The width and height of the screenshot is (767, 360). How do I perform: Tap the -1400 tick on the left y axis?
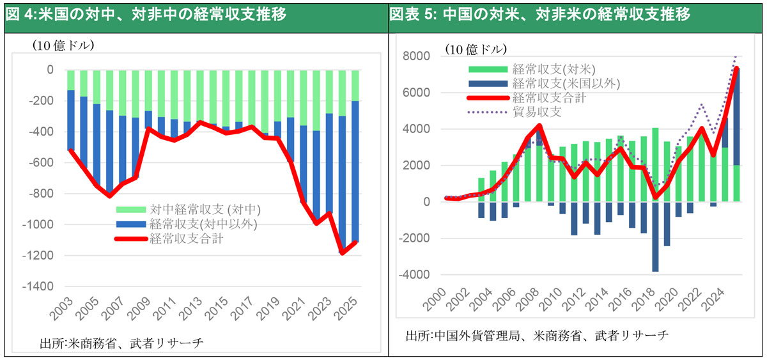[40, 286]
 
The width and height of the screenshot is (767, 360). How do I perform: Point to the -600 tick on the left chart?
[42, 162]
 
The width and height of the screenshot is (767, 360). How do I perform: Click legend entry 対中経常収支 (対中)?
[205, 209]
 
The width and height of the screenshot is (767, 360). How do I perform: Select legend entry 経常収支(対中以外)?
[198, 224]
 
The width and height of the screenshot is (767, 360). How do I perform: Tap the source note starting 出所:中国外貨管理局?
[537, 335]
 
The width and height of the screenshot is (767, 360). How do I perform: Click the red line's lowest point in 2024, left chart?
[343, 253]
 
